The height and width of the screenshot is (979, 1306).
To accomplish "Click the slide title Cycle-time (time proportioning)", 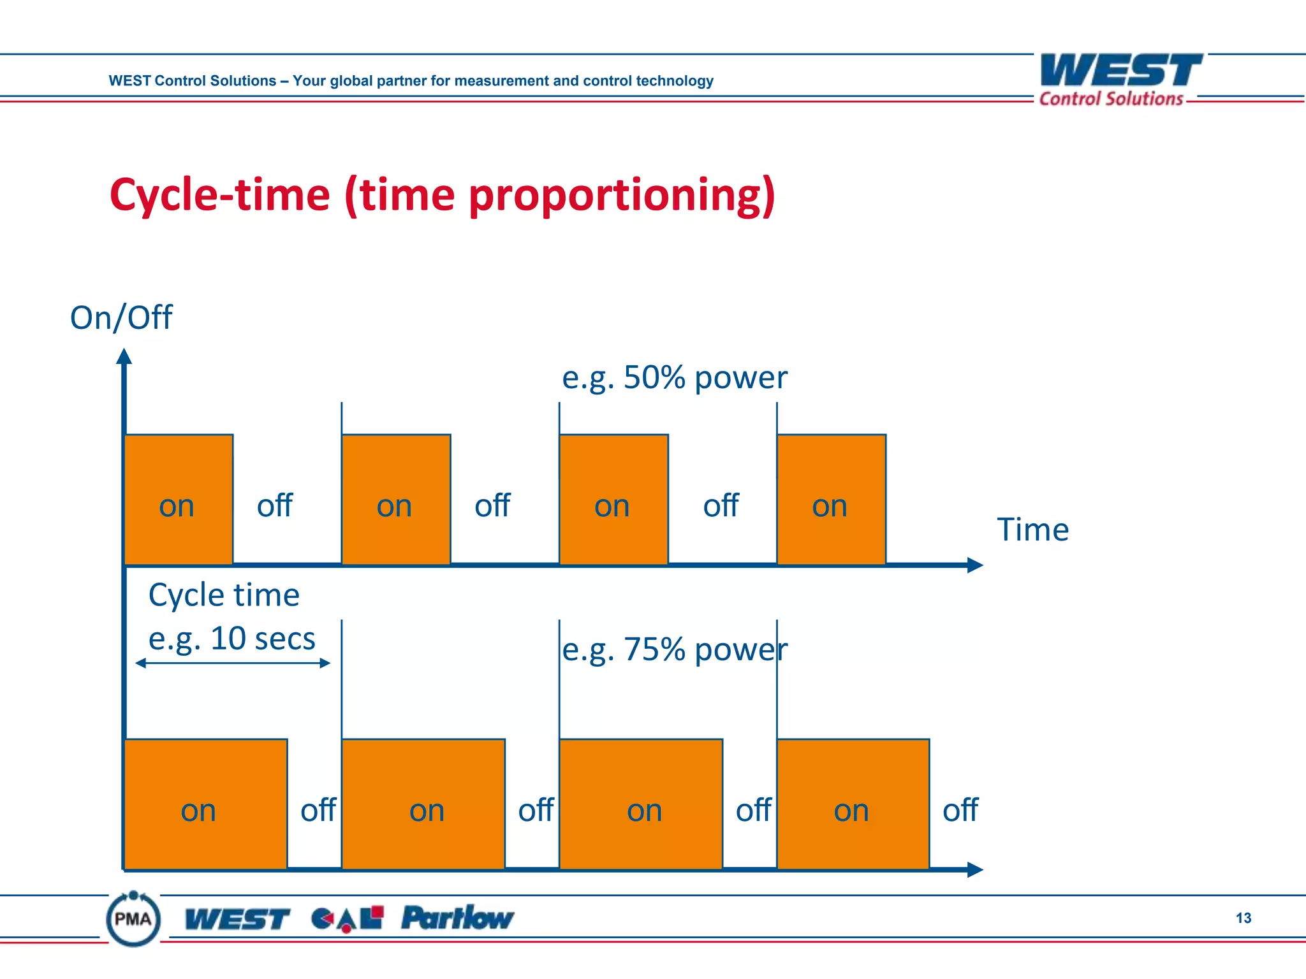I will [x=442, y=195].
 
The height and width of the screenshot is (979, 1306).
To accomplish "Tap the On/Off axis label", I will [x=121, y=317].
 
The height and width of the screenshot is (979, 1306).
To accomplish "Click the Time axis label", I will [x=1032, y=530].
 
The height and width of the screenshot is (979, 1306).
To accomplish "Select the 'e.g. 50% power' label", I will [x=674, y=377].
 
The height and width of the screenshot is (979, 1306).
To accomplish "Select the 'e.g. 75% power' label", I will [x=674, y=649].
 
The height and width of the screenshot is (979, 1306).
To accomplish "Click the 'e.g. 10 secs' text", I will [x=231, y=639].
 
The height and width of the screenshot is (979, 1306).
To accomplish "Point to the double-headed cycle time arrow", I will [x=233, y=663].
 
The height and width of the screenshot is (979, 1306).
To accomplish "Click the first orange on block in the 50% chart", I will [x=179, y=499].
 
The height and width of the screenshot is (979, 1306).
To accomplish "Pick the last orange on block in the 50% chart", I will [x=831, y=499].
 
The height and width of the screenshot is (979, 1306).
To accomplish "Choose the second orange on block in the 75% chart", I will [x=423, y=804].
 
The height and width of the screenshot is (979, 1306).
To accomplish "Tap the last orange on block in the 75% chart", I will [x=853, y=804].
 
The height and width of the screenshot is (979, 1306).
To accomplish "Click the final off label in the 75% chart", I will [x=960, y=810].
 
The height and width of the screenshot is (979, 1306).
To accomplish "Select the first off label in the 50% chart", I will [x=274, y=505].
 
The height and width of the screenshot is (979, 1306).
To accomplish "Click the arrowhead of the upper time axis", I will [x=975, y=565].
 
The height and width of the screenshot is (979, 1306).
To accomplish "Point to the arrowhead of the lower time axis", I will [x=975, y=869].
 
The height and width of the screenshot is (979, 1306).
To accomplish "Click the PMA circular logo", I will [x=133, y=918].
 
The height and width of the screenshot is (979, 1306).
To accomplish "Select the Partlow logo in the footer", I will [x=457, y=918].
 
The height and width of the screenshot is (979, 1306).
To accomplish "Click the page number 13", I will [x=1243, y=918].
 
